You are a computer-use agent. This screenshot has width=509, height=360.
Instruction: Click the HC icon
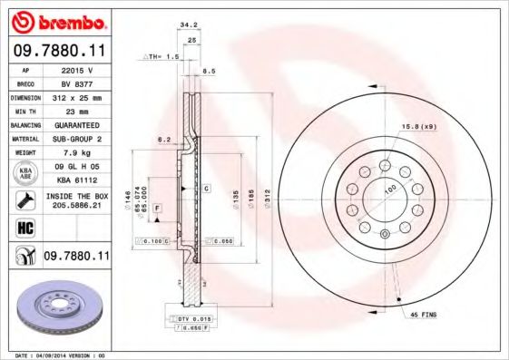[x=24, y=228]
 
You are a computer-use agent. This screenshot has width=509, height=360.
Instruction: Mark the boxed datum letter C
[x=207, y=188]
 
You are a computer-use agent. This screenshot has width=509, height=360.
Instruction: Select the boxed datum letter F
[x=157, y=209]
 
